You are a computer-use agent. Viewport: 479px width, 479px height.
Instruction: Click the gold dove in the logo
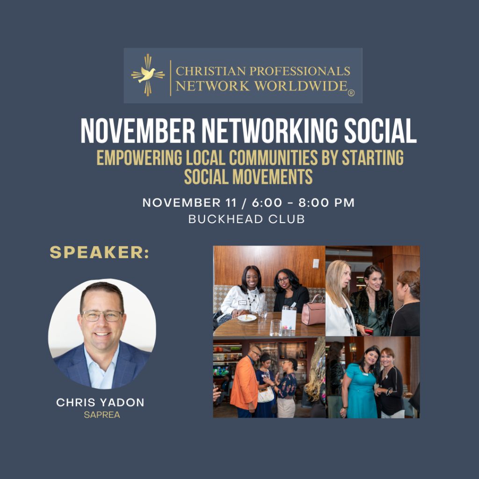point(147,75)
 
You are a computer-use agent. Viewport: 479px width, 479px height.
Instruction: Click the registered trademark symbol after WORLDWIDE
point(351,93)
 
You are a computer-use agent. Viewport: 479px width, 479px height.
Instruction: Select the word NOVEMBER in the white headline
point(138,131)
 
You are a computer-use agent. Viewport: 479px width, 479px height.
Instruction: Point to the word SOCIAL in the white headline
point(380,131)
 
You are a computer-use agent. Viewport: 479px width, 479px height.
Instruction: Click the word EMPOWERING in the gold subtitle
point(139,158)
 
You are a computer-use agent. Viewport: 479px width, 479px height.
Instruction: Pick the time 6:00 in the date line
point(267,203)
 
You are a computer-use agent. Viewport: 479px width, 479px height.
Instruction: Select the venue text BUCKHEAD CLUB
point(247,219)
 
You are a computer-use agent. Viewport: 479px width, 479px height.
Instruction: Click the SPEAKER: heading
point(99,252)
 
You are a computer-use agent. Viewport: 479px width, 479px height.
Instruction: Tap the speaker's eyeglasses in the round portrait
point(102,316)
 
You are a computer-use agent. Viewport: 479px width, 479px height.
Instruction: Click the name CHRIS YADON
point(100,403)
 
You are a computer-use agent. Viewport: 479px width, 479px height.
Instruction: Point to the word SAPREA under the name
point(102,415)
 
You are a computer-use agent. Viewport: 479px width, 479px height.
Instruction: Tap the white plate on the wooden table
point(247,318)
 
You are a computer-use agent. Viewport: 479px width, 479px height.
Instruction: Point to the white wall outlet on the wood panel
point(316,263)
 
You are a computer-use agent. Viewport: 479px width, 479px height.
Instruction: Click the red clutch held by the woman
point(369,331)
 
